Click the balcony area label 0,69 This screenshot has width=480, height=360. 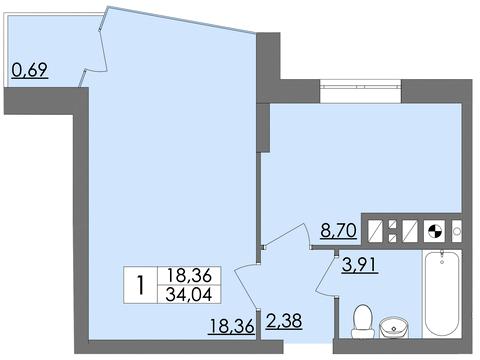pos(29,71)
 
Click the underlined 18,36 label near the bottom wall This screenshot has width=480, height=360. pos(232,325)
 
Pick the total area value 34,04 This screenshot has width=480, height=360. pos(189,295)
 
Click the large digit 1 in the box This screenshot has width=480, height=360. pos(141,286)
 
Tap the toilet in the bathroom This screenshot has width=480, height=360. pos(363,319)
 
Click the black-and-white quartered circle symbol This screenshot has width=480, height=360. pos(436,232)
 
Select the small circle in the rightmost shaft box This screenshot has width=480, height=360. pos(458,232)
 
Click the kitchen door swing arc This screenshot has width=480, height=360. pos(290,240)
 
